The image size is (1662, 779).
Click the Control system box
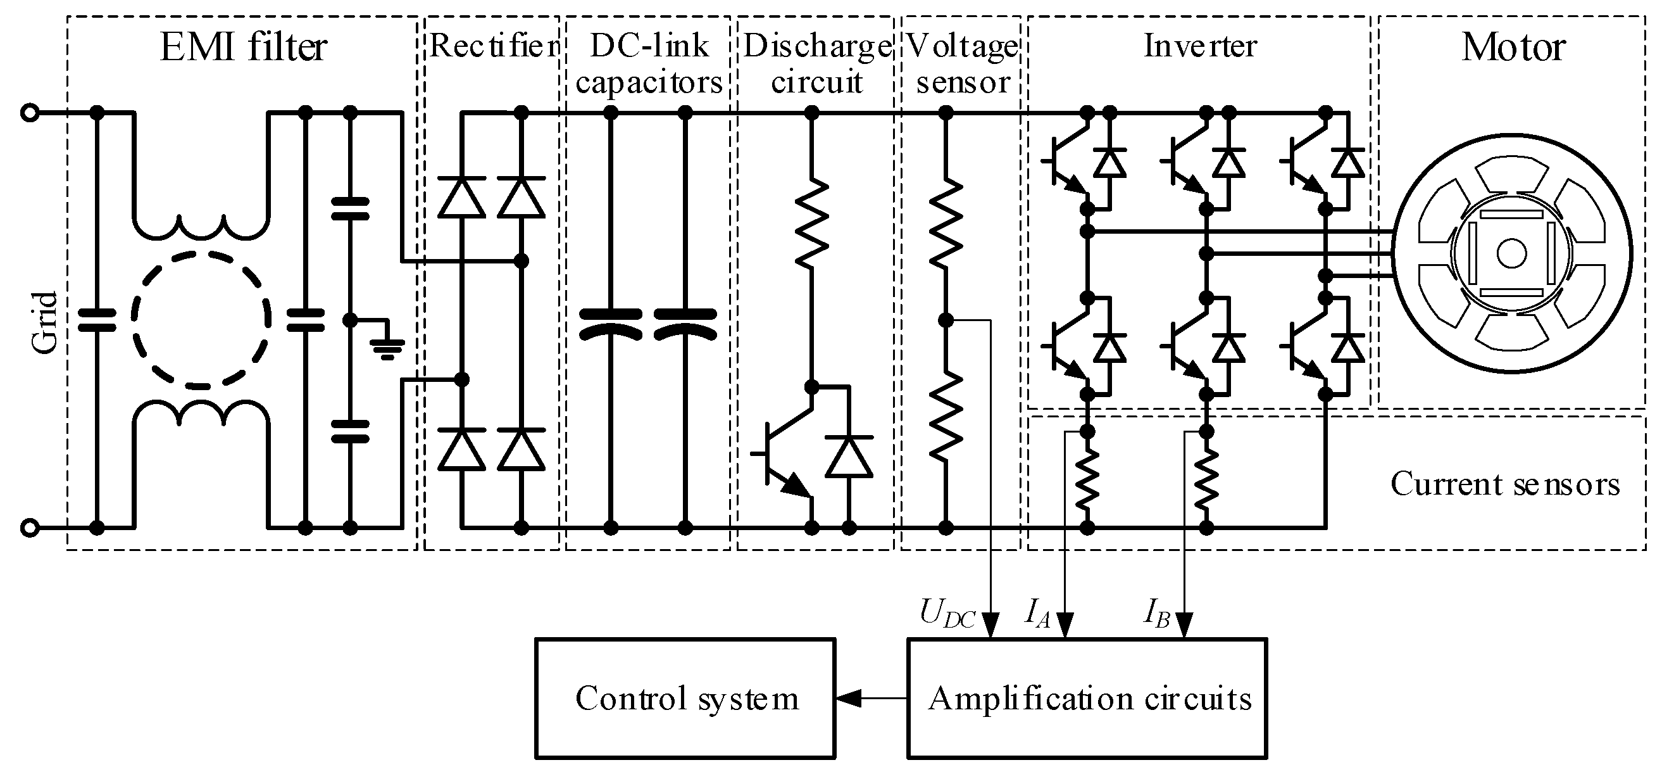pyautogui.click(x=685, y=699)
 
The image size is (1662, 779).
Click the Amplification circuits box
pyautogui.click(x=1087, y=699)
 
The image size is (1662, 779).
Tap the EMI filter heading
pyautogui.click(x=243, y=46)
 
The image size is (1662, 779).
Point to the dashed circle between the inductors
pyautogui.click(x=201, y=320)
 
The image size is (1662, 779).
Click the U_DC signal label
pyautogui.click(x=947, y=614)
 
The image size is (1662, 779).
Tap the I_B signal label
pyautogui.click(x=1157, y=613)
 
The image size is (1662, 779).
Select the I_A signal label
pyautogui.click(x=1037, y=613)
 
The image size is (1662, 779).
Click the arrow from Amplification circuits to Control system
pyautogui.click(x=871, y=698)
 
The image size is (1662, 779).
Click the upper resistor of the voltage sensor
pyautogui.click(x=945, y=223)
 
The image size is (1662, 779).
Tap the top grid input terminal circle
pyautogui.click(x=30, y=113)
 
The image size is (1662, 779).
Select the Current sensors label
pyautogui.click(x=1504, y=484)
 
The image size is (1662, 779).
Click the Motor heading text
pyautogui.click(x=1513, y=47)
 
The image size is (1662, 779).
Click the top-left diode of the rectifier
pyautogui.click(x=461, y=197)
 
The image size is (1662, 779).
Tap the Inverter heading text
pyautogui.click(x=1200, y=46)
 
